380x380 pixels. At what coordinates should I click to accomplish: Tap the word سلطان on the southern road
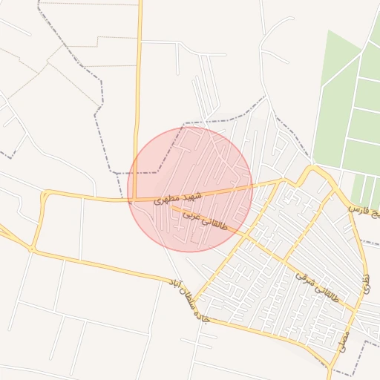pyautogui.click(x=185, y=300)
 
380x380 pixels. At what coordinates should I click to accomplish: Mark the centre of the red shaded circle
pyautogui.click(x=190, y=190)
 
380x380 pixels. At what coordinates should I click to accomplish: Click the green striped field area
pyautogui.click(x=349, y=111)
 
